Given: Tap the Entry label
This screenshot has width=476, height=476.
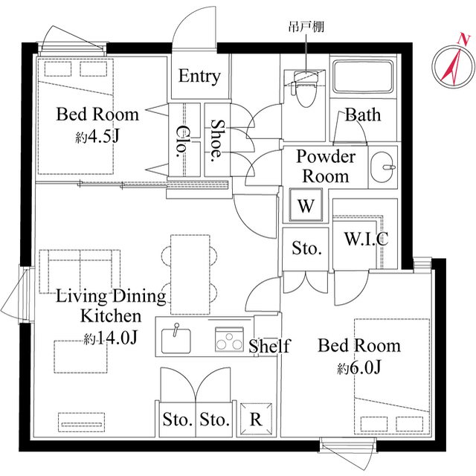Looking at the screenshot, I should [x=199, y=77].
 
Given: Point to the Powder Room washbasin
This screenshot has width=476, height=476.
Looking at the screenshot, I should [x=384, y=165].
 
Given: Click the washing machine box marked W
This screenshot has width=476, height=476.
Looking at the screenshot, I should [x=306, y=206].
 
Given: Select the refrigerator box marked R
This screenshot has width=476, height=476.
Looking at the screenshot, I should [x=255, y=419].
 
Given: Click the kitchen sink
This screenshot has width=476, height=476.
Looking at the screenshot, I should [x=176, y=339].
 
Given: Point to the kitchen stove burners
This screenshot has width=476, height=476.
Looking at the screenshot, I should [x=230, y=340].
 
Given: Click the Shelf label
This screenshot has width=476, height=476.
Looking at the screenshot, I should [x=268, y=346].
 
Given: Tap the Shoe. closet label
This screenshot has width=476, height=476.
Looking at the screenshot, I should [x=217, y=141].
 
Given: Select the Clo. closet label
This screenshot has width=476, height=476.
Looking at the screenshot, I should [x=181, y=141].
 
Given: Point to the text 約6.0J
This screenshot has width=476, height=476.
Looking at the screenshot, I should [x=359, y=368].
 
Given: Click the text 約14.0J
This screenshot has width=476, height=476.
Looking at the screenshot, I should [x=111, y=338].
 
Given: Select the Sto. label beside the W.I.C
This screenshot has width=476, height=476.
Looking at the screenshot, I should [x=306, y=248].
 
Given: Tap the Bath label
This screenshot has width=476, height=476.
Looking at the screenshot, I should [x=362, y=115].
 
